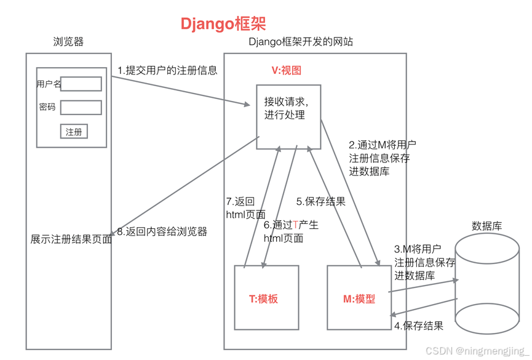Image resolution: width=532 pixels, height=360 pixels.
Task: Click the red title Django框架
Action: (x=223, y=23)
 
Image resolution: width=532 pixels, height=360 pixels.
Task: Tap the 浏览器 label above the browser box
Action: (x=68, y=42)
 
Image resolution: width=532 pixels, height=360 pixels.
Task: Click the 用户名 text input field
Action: (x=81, y=84)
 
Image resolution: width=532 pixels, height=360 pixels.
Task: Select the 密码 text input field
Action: (x=81, y=108)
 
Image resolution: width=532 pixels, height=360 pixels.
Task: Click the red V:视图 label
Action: (x=287, y=70)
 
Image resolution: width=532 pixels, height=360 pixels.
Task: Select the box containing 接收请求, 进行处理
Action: (x=288, y=117)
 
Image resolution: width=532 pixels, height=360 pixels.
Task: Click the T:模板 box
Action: (x=266, y=297)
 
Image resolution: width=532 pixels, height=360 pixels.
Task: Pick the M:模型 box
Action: (x=359, y=297)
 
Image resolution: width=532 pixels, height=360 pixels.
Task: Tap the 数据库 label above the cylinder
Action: (x=486, y=226)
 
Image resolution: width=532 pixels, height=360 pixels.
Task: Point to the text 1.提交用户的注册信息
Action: (x=167, y=70)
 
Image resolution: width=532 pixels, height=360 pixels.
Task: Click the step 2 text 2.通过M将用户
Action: (x=383, y=145)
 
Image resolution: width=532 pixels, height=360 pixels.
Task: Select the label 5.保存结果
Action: (x=320, y=201)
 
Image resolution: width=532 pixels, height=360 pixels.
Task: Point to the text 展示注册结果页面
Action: (x=71, y=239)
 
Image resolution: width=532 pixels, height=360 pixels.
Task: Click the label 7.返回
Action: (x=240, y=201)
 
